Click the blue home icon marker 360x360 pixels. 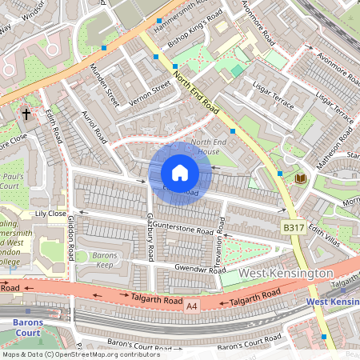point(180,173)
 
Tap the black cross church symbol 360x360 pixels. point(26,114)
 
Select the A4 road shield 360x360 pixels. point(191,305)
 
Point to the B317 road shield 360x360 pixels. point(294,228)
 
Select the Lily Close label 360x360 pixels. point(50,214)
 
